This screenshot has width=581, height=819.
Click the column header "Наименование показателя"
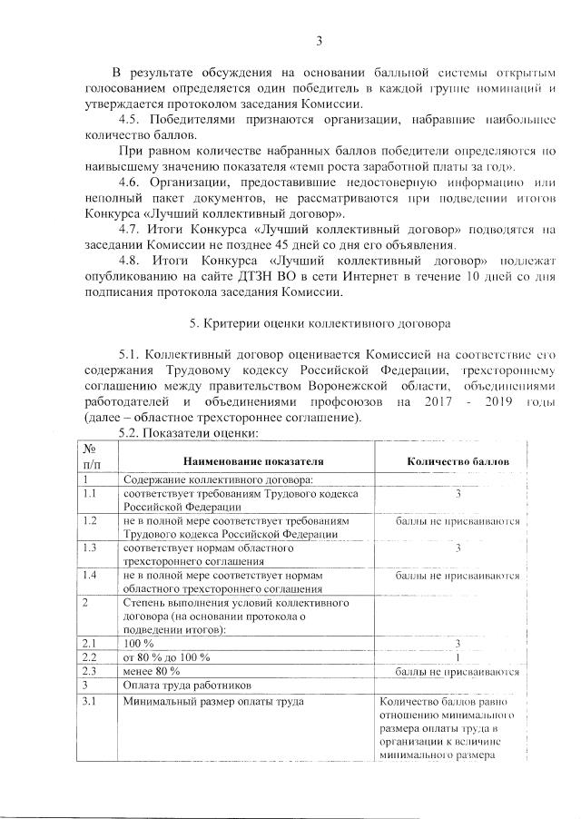coord(253,461)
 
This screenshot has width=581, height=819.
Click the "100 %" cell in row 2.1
coord(141,643)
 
